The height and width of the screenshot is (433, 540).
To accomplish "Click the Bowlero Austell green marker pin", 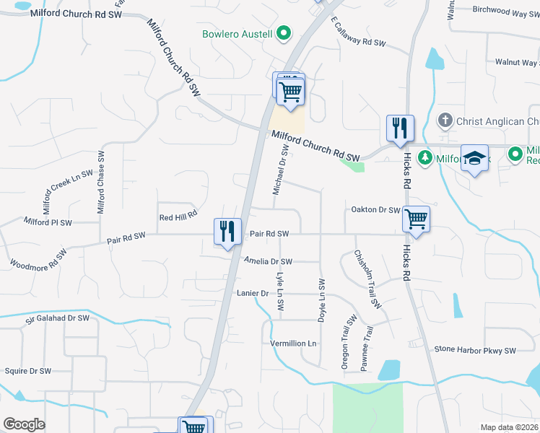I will point(284,34).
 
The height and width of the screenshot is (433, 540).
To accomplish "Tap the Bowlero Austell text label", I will point(238,34).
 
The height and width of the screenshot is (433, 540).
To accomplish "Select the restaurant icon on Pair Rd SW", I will point(227,232).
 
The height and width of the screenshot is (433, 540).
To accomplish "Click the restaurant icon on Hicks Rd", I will point(399,128).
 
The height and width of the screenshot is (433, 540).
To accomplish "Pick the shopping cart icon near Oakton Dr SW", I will point(417,219).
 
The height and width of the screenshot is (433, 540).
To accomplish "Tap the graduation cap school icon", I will point(475,158).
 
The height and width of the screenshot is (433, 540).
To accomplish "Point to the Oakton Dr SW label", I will point(375,210).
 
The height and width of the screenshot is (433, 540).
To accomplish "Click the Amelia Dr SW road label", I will point(268,261).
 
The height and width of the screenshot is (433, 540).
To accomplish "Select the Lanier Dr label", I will point(253,293).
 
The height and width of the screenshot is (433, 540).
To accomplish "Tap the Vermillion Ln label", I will point(294,344).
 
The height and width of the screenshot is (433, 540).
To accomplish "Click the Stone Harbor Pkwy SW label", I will point(475,350).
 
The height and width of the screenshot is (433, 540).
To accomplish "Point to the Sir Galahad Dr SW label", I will point(57,318).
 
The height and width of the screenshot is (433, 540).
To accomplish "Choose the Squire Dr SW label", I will point(28,371).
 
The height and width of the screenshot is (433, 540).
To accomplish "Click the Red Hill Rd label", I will point(178,216).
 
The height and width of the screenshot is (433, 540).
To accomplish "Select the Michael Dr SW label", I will point(280,170).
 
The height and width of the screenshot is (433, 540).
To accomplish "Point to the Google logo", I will point(24,424).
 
